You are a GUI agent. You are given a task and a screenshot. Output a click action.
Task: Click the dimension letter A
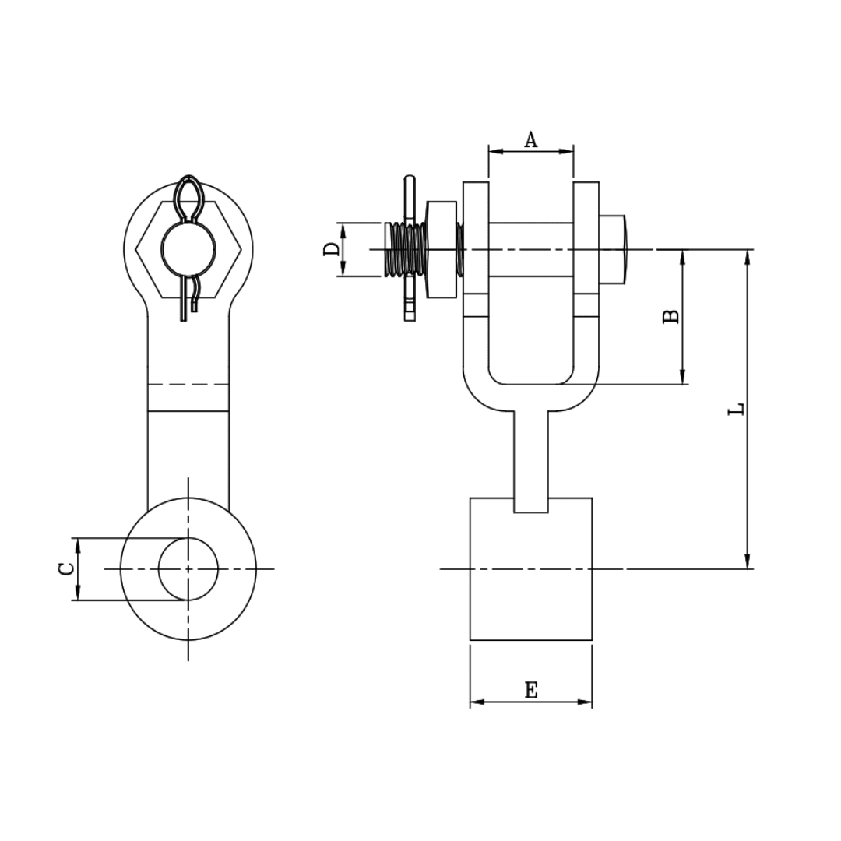[531, 139]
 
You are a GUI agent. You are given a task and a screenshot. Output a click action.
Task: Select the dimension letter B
[670, 316]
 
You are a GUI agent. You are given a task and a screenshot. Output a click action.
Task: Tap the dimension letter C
[68, 568]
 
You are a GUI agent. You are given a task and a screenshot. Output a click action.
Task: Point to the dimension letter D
[333, 249]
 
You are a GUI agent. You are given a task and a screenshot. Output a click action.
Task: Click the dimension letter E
[531, 689]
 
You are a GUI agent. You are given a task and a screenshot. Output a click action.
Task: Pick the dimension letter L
[736, 409]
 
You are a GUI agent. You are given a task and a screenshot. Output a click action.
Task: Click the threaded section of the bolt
[405, 249]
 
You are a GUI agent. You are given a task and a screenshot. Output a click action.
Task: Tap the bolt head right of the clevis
[612, 249]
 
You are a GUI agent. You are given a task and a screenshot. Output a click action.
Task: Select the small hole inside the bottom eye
[188, 568]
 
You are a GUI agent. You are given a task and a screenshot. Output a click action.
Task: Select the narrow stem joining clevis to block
[531, 459]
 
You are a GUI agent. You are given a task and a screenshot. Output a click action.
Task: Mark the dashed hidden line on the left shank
[188, 385]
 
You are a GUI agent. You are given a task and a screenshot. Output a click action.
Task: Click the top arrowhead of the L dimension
[748, 257]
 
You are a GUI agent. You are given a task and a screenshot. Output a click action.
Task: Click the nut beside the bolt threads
[442, 249]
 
